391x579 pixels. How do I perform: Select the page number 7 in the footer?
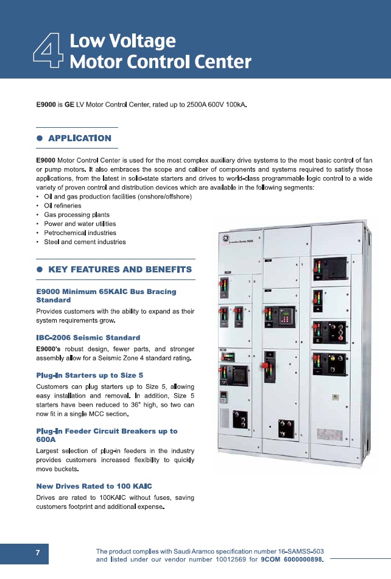point(37,553)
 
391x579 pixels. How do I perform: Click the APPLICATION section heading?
point(79,138)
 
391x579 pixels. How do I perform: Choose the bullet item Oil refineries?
point(63,206)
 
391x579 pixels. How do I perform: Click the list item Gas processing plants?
point(72,215)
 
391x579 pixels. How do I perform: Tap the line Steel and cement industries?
point(85,242)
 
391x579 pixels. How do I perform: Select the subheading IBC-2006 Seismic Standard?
point(88,337)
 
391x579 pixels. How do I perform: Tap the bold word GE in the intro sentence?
point(69,105)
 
